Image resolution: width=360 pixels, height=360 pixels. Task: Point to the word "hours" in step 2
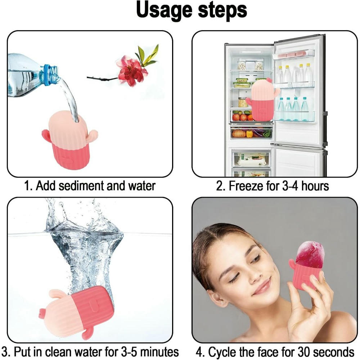coord(312,186)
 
